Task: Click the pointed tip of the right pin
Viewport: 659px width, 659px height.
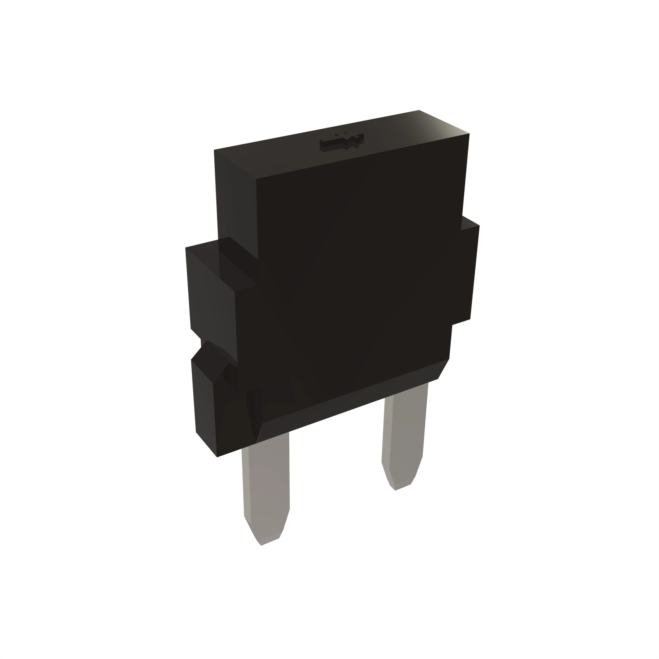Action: [395, 490]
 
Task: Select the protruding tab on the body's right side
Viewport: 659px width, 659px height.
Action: [469, 273]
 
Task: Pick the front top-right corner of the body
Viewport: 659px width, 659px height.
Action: [469, 134]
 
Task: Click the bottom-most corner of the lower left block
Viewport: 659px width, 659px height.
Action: [217, 457]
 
